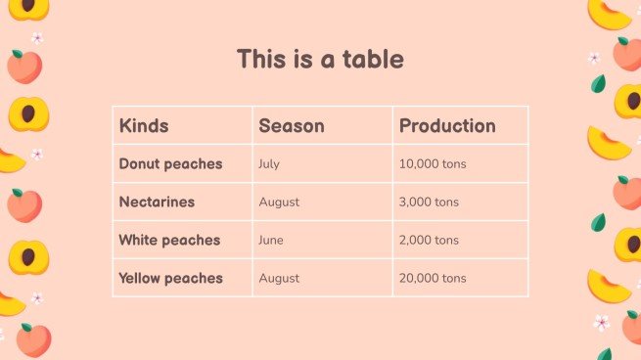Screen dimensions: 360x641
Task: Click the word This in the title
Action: tap(260, 59)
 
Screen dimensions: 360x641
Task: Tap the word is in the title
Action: tap(301, 59)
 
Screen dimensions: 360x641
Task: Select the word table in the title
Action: tap(372, 59)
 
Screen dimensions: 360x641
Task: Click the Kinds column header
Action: tap(144, 126)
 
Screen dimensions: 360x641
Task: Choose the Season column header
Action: tap(292, 126)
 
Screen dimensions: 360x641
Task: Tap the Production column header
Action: tap(447, 126)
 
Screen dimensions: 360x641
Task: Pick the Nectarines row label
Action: tap(157, 202)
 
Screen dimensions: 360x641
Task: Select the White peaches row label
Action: tap(169, 241)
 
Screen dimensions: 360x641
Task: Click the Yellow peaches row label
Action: tap(170, 279)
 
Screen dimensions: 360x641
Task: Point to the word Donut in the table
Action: tap(142, 164)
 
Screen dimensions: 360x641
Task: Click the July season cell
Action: tap(269, 164)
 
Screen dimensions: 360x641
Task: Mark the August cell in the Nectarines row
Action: tap(279, 202)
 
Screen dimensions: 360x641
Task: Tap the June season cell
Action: tap(271, 241)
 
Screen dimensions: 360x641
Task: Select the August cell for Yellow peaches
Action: tap(279, 279)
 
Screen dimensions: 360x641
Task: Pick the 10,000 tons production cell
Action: tap(433, 164)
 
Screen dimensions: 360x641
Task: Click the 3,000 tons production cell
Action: tap(429, 202)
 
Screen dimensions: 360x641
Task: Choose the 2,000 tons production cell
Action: tap(429, 241)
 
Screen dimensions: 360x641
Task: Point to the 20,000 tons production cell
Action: tap(433, 279)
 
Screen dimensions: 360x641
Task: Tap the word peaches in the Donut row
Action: tap(196, 164)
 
